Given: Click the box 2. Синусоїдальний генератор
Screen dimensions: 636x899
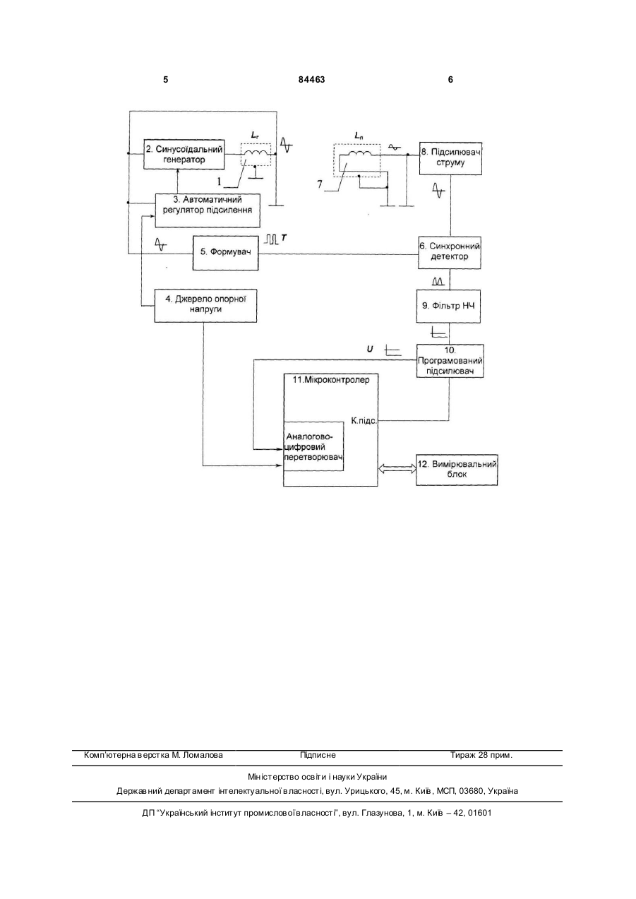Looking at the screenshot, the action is coord(184,155).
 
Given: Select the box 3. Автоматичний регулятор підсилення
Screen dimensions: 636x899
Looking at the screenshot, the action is coord(208,210).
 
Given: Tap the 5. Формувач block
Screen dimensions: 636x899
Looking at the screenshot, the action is coord(225,252).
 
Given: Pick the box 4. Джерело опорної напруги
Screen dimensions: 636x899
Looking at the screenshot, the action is coord(205,305).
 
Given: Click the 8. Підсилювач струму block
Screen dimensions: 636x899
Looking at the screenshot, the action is coord(450,158).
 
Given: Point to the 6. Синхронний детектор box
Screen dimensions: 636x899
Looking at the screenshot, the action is coord(450,252).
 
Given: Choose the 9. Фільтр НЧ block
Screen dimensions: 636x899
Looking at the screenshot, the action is coord(448,306).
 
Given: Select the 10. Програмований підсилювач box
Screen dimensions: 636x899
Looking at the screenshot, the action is coord(450,361).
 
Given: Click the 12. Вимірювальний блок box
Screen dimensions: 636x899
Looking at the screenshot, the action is coord(457,470).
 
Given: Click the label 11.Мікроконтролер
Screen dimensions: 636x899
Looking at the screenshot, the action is coord(331,380).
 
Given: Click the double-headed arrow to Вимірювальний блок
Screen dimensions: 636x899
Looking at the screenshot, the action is coord(397,468).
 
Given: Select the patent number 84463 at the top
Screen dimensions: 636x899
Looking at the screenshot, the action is coord(312,80).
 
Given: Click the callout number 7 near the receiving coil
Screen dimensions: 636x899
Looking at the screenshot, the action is coord(319,184).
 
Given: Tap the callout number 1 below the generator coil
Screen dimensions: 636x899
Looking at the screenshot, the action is coord(219,181).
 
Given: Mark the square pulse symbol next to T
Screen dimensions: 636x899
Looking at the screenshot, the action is coord(271,239).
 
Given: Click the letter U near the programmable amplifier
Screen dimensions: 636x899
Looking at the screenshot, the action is coord(370,349).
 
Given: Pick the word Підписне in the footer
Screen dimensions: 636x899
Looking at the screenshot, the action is coord(318,755).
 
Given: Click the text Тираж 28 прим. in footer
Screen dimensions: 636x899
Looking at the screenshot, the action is coord(481,755).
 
